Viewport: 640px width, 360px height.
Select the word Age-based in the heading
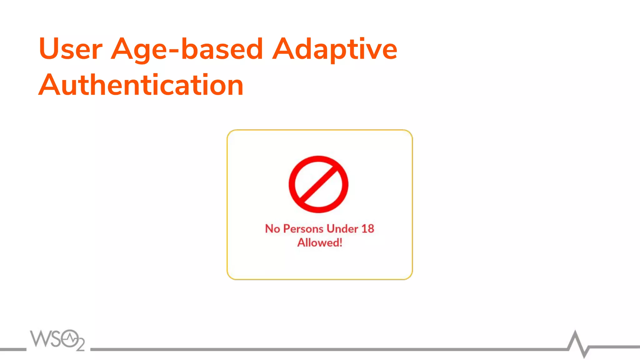[187, 49]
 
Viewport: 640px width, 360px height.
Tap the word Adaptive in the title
[335, 49]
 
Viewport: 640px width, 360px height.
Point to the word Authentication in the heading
[141, 85]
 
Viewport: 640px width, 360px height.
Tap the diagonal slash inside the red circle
[318, 184]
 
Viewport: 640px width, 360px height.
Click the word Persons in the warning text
[303, 229]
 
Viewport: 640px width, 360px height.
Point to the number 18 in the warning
[368, 229]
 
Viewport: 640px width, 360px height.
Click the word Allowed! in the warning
[319, 243]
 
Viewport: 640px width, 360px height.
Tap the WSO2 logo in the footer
[57, 340]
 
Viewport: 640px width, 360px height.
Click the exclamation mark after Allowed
[341, 243]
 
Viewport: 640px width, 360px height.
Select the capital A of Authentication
[50, 85]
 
